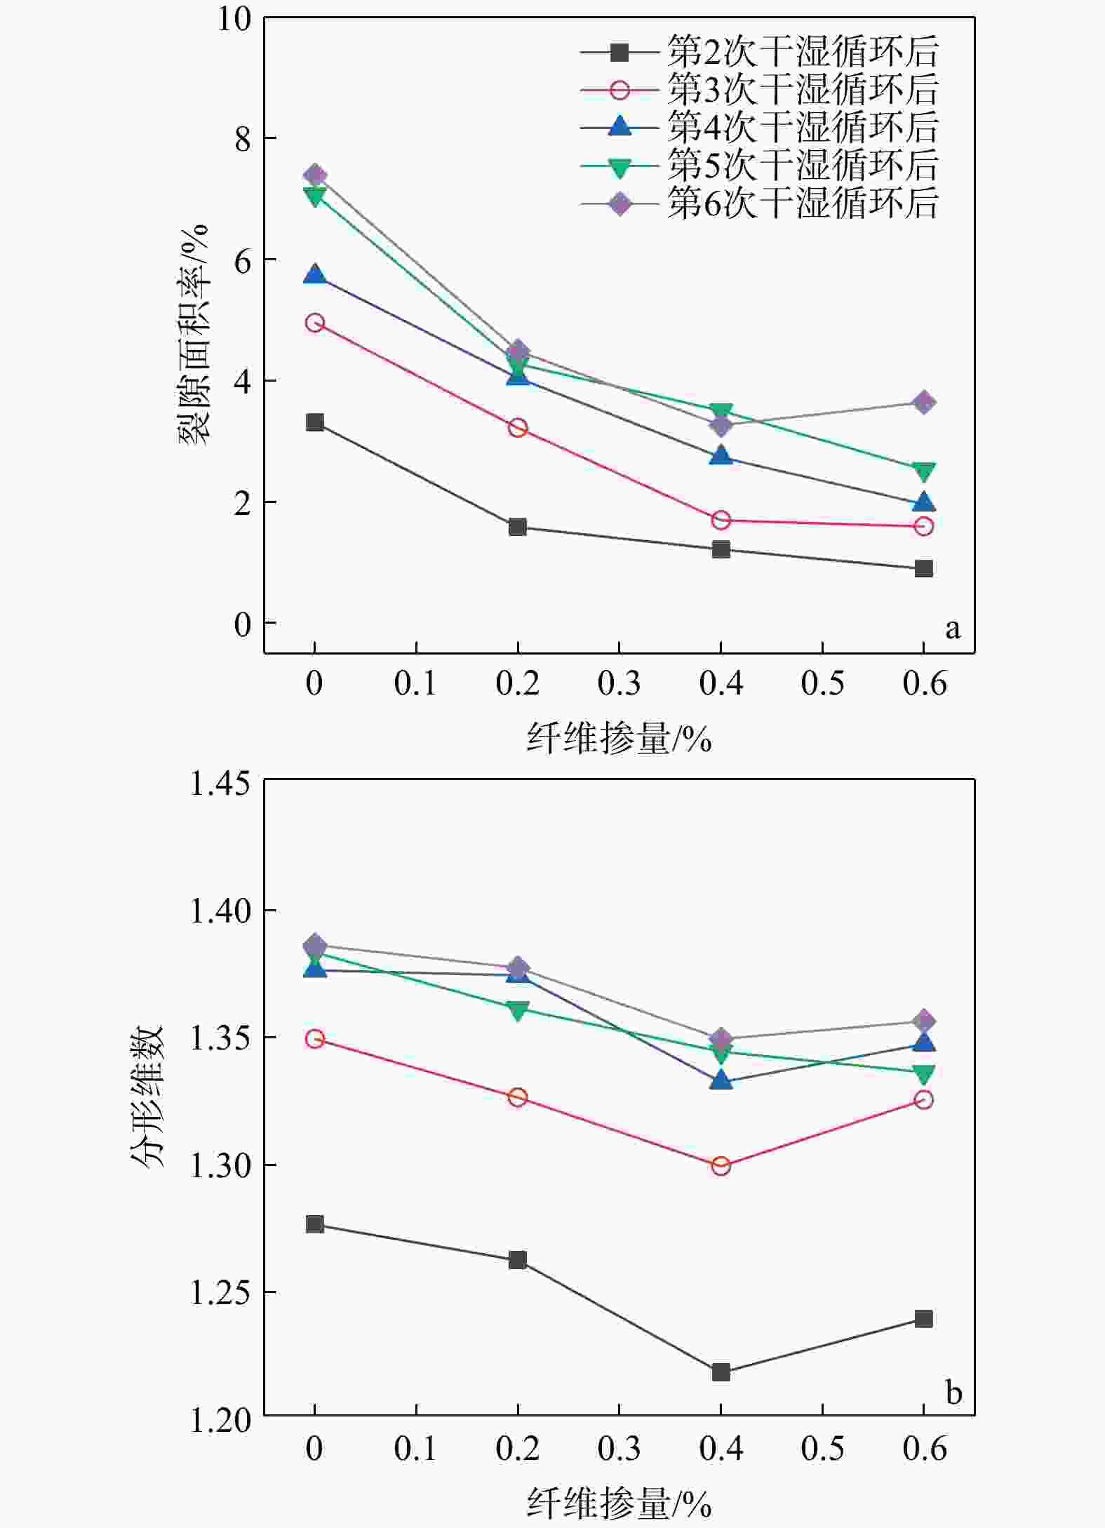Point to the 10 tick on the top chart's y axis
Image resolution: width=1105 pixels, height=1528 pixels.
[234, 19]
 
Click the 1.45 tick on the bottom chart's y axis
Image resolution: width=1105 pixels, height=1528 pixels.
[220, 782]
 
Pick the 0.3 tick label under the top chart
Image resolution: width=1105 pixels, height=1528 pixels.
[619, 683]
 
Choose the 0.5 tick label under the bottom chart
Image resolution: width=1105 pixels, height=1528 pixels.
[822, 1448]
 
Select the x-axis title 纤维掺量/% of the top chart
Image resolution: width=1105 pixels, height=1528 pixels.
[619, 738]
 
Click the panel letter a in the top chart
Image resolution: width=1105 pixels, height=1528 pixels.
[952, 628]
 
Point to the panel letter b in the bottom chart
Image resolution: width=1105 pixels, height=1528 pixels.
[953, 1392]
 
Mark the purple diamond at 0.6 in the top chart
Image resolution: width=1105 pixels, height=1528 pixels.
[924, 403]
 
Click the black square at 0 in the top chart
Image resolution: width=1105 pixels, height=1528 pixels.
[315, 422]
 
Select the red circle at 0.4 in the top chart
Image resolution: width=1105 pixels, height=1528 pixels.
[721, 520]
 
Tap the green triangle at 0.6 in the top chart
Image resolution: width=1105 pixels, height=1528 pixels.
[924, 471]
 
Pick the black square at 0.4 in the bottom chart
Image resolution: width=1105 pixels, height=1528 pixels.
[721, 1372]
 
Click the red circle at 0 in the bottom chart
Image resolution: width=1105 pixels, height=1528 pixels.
[315, 1038]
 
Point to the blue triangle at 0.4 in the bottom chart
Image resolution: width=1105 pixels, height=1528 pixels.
[721, 1081]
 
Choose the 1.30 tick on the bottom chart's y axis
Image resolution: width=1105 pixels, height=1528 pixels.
[220, 1165]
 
